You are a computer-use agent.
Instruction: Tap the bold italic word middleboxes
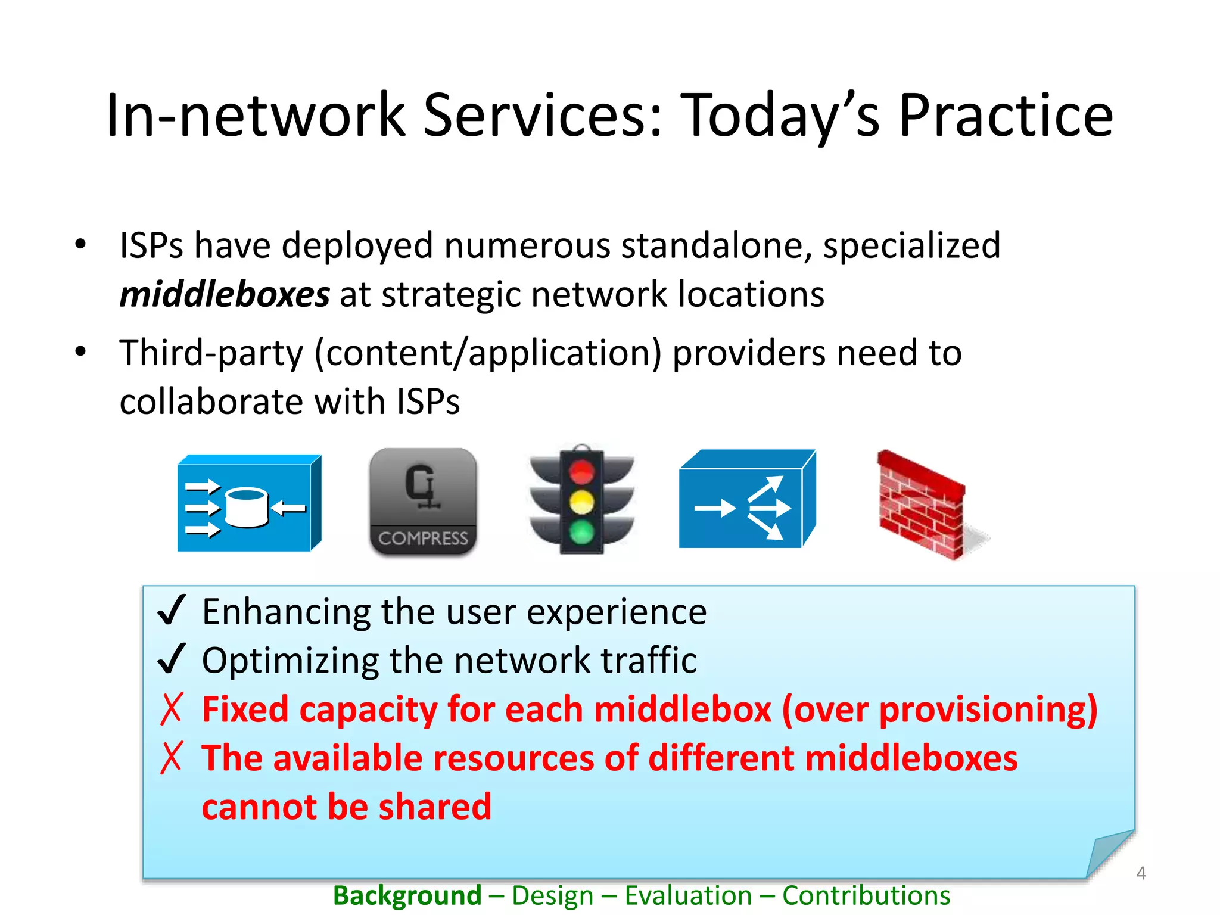coord(225,294)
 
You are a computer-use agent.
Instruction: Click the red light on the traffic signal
coord(581,473)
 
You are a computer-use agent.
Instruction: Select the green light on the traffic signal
coord(581,531)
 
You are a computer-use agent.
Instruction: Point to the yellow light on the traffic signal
coord(581,502)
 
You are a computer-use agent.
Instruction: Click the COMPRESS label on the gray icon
coord(423,539)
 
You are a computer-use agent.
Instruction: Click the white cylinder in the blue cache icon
coord(247,507)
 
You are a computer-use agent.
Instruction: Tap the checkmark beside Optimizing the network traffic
coord(172,659)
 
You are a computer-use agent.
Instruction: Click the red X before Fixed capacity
coord(171,709)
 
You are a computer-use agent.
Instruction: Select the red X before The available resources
coord(171,758)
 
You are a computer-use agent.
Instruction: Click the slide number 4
coord(1141,873)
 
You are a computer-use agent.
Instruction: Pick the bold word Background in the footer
coord(407,895)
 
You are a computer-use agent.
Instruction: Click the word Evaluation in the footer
coord(688,895)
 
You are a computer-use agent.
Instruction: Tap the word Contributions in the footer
coord(866,895)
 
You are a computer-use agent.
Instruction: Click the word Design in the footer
coord(552,895)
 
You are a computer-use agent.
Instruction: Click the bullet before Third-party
coord(80,351)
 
